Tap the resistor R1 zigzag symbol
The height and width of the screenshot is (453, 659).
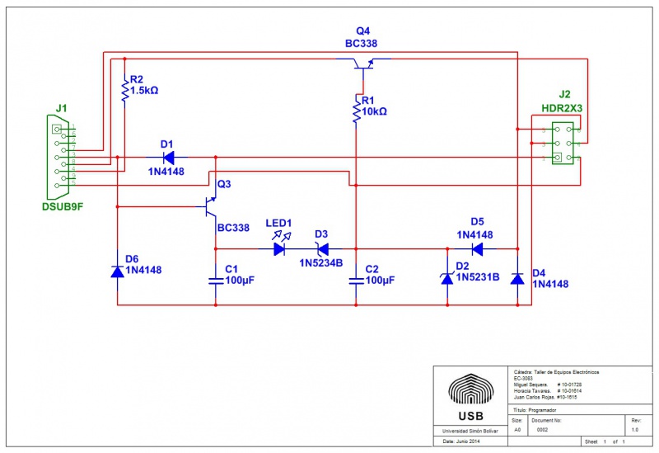[x=356, y=111]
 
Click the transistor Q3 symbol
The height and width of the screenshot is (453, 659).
[x=212, y=206]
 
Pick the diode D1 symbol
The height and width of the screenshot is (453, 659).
[x=168, y=157]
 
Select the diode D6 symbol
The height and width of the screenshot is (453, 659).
[x=117, y=271]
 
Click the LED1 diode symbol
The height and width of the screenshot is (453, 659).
[x=279, y=248]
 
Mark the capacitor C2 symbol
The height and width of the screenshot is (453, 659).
[x=356, y=280]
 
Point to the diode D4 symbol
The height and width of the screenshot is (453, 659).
[x=517, y=278]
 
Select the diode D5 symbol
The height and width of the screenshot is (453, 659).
[x=476, y=248]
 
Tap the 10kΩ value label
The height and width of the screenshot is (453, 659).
[x=375, y=111]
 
